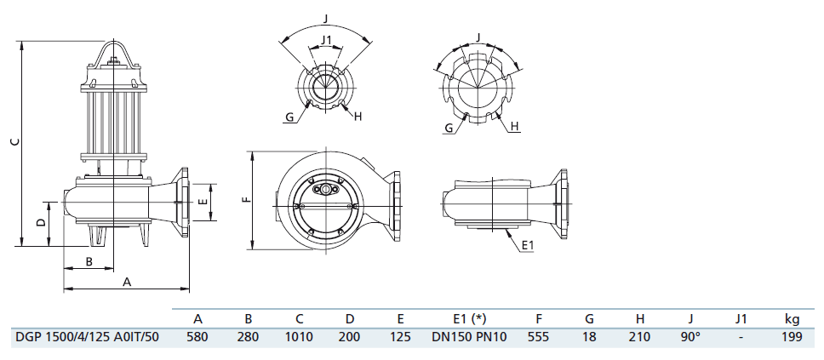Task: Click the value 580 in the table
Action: pyautogui.click(x=197, y=337)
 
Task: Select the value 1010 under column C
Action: pyautogui.click(x=300, y=337)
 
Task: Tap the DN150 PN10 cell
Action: pyautogui.click(x=469, y=337)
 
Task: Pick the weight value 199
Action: pyautogui.click(x=792, y=337)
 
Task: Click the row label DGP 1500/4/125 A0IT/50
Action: pyautogui.click(x=87, y=337)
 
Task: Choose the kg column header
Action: pyautogui.click(x=792, y=319)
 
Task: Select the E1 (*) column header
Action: pyautogui.click(x=469, y=319)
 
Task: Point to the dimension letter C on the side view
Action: pyautogui.click(x=12, y=143)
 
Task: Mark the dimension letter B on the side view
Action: pyautogui.click(x=89, y=261)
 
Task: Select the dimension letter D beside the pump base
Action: pyautogui.click(x=40, y=223)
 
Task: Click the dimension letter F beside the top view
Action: pyautogui.click(x=244, y=201)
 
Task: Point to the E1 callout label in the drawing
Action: pyautogui.click(x=526, y=246)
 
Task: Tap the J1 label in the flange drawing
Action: pyautogui.click(x=326, y=40)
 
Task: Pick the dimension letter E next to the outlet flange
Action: pyautogui.click(x=201, y=203)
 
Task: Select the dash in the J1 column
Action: pyautogui.click(x=741, y=337)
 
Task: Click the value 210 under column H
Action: pyautogui.click(x=639, y=337)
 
